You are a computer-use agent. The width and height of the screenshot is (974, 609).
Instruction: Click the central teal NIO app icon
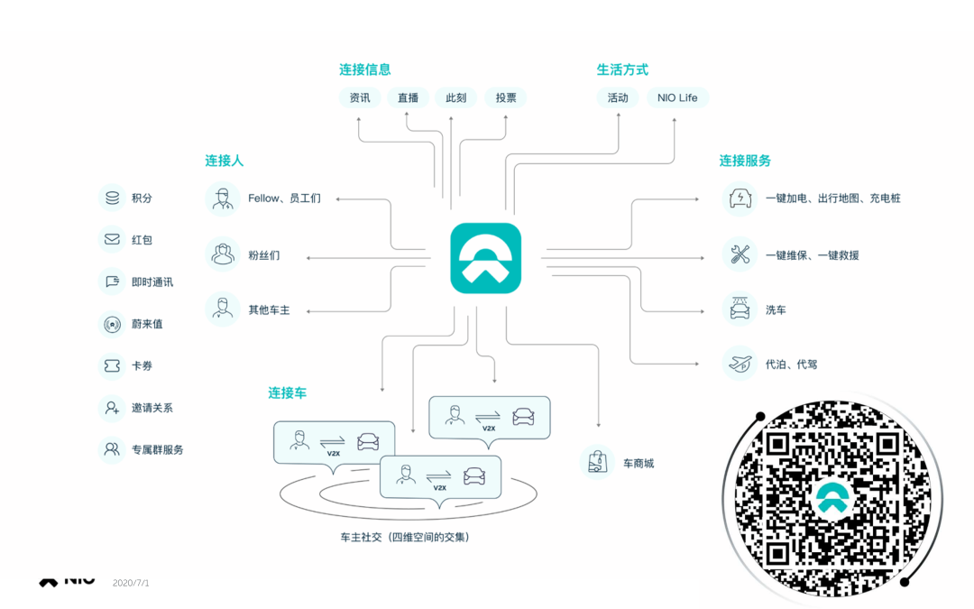(x=486, y=258)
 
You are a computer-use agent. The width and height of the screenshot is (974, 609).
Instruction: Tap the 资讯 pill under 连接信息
(x=359, y=97)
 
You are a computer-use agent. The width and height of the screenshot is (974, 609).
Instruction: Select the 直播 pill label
(x=408, y=97)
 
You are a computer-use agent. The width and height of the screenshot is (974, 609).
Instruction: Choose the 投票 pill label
(x=505, y=97)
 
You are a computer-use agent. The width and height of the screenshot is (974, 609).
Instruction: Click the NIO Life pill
(x=677, y=97)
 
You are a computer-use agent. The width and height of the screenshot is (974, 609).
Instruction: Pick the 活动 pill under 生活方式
(x=618, y=97)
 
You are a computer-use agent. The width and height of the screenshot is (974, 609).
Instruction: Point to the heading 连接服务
(x=745, y=161)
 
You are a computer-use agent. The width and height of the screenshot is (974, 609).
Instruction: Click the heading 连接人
(x=224, y=161)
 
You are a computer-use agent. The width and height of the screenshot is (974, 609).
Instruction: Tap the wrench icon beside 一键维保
(x=740, y=254)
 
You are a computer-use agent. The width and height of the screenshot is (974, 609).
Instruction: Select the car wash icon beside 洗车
(x=740, y=309)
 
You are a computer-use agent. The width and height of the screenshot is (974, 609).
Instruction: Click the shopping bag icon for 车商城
(x=596, y=462)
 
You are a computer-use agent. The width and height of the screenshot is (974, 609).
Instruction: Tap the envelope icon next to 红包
(x=112, y=240)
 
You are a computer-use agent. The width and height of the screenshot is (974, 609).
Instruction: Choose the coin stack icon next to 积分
(x=112, y=198)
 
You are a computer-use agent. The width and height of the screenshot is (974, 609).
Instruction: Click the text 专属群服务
(x=158, y=448)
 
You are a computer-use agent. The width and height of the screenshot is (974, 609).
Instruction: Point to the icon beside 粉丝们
(x=222, y=254)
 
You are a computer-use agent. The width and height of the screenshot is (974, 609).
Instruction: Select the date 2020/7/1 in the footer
(x=131, y=583)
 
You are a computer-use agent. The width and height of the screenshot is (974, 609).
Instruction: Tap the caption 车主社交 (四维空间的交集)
(x=404, y=537)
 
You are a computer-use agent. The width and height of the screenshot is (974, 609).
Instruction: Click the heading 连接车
(x=287, y=392)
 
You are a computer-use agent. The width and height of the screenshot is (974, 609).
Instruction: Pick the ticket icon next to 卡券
(x=112, y=365)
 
